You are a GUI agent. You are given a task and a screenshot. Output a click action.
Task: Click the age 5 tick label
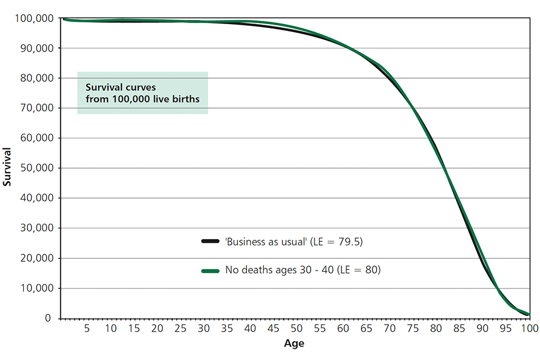click(87, 328)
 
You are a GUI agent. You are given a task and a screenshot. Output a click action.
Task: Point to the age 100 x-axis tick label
click(528, 328)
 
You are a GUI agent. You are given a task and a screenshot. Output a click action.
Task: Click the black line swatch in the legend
click(210, 241)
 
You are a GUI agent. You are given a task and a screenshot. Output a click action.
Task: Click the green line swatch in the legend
click(210, 271)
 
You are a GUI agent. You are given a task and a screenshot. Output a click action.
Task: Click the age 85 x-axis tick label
click(458, 328)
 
